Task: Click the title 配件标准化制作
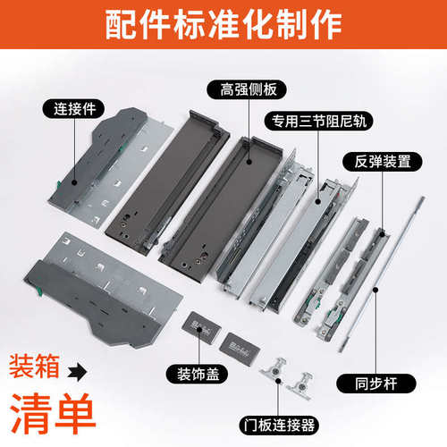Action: tap(223, 25)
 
